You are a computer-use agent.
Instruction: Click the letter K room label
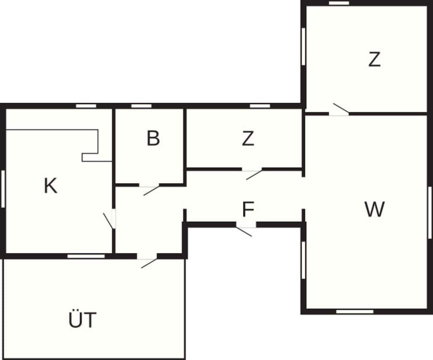[x=51, y=186]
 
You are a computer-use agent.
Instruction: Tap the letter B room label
[x=153, y=139]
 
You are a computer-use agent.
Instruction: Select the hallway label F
[x=248, y=210]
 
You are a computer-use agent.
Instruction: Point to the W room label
[x=375, y=210]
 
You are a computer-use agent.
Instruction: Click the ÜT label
[x=82, y=321]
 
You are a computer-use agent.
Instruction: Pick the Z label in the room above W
[x=375, y=60]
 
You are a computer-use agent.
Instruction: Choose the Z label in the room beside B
[x=248, y=139]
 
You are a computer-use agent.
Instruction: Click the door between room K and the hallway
[x=111, y=219]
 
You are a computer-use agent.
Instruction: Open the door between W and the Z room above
[x=339, y=110]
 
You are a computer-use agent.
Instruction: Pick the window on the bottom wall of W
[x=355, y=311]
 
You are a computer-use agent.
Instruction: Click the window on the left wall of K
[x=3, y=189]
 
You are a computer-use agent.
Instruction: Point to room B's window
[x=141, y=106]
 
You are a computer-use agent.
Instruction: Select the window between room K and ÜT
[x=86, y=256]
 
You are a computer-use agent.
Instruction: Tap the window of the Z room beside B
[x=260, y=106]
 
